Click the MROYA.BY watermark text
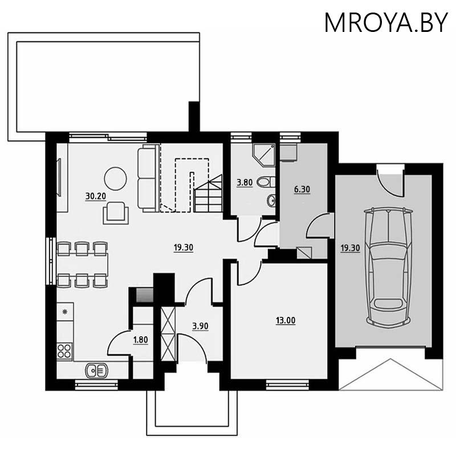[x=386, y=22]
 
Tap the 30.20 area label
[x=95, y=196]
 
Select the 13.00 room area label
[x=286, y=320]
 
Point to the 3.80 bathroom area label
[x=245, y=183]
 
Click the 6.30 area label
[x=302, y=189]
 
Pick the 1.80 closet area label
[x=140, y=340]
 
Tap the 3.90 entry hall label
[x=201, y=326]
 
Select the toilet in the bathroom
[x=266, y=182]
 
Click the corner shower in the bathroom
[x=263, y=155]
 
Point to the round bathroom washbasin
[x=271, y=201]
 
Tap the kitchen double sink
[x=96, y=370]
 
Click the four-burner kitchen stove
[x=64, y=351]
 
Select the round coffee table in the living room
[x=116, y=178]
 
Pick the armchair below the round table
[x=116, y=213]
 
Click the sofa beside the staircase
[x=148, y=178]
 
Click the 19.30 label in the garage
[x=351, y=248]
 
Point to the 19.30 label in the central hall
[x=183, y=248]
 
